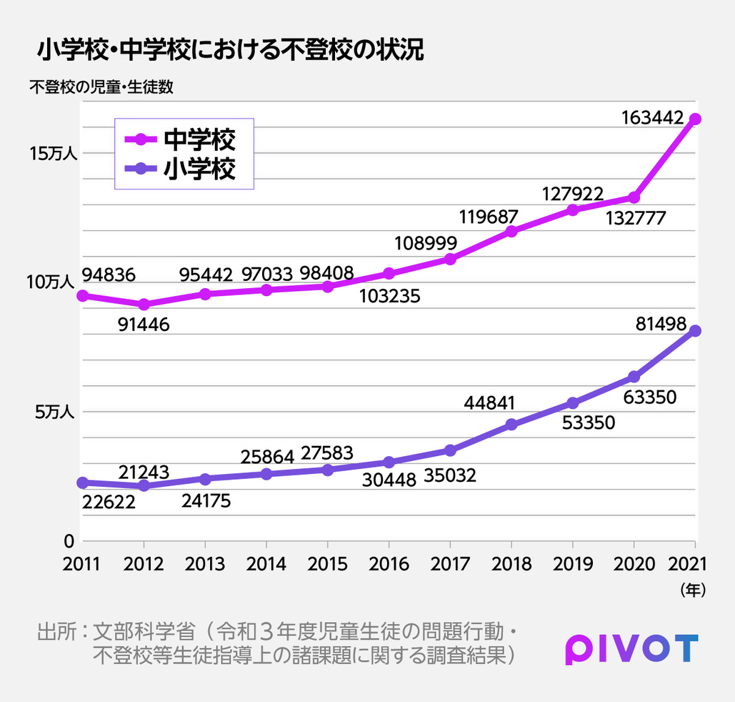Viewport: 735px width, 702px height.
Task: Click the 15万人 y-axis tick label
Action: (x=49, y=153)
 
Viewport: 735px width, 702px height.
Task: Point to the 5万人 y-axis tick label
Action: (x=54, y=412)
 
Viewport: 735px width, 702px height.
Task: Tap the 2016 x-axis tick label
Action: (x=389, y=564)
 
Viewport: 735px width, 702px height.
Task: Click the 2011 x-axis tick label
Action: (x=82, y=564)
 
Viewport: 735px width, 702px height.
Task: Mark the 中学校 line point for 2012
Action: (x=144, y=305)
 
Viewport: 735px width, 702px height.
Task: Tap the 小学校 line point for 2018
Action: (x=511, y=425)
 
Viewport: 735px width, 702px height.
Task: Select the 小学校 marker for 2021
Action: (x=695, y=331)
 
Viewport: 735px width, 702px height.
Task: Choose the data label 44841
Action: (x=489, y=402)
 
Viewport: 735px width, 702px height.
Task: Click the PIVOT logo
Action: (x=631, y=648)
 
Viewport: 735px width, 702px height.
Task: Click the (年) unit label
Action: (x=692, y=590)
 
